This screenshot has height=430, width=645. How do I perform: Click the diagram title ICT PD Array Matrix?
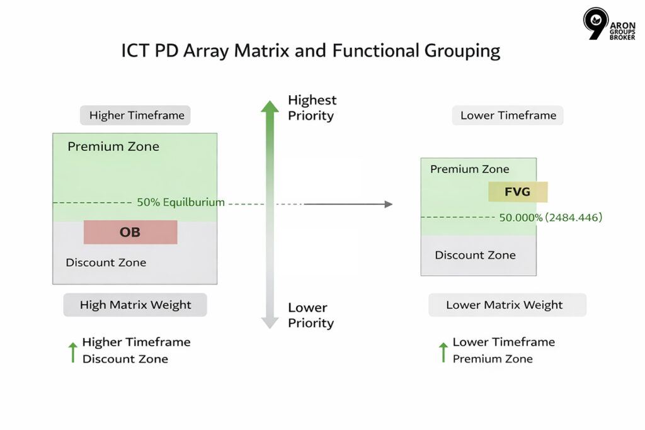(x=311, y=50)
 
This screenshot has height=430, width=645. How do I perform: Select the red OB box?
(x=130, y=232)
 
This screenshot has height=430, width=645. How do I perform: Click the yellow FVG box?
(x=518, y=192)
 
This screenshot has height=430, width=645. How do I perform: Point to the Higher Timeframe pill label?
(x=136, y=115)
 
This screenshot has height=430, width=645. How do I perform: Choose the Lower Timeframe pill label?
(x=508, y=115)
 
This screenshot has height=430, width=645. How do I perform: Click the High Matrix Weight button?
(x=135, y=305)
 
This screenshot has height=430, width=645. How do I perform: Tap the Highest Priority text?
(x=312, y=108)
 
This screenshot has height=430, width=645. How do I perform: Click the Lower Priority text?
(x=311, y=315)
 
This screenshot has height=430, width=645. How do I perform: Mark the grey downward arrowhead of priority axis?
(x=270, y=322)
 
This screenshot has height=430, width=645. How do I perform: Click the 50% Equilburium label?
(x=180, y=203)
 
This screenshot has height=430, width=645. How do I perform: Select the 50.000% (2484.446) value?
(x=551, y=218)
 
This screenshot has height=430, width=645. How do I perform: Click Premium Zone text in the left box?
(x=113, y=147)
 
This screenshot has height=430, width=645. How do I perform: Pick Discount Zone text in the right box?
(x=475, y=255)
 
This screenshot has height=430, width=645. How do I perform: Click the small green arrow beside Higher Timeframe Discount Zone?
(x=73, y=352)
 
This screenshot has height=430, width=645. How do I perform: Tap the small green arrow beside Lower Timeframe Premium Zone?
(x=443, y=352)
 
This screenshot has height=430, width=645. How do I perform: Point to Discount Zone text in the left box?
(x=106, y=263)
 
